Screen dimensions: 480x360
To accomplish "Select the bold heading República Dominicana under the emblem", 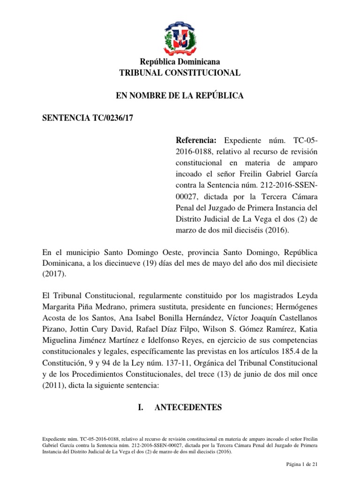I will (x=180, y=62).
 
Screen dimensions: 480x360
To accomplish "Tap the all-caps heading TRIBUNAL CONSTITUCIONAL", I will (x=180, y=73).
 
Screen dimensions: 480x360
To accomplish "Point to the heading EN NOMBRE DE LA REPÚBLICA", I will (x=180, y=96).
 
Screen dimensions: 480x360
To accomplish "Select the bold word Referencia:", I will (x=196, y=140).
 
